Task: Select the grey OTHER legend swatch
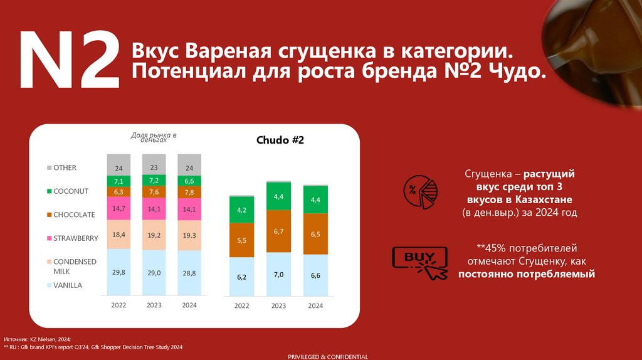49,168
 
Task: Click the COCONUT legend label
71,191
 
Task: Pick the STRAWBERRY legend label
76,238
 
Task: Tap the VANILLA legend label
68,285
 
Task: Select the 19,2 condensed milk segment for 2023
154,235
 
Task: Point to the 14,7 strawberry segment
118,208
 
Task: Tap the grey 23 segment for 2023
154,167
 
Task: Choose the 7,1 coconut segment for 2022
118,181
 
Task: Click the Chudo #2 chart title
280,140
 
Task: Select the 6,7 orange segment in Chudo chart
278,231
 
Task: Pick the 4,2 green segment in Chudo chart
241,210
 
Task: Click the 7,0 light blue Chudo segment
278,274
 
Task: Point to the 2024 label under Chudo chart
315,305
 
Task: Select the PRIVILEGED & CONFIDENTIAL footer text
328,356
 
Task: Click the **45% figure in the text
492,248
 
